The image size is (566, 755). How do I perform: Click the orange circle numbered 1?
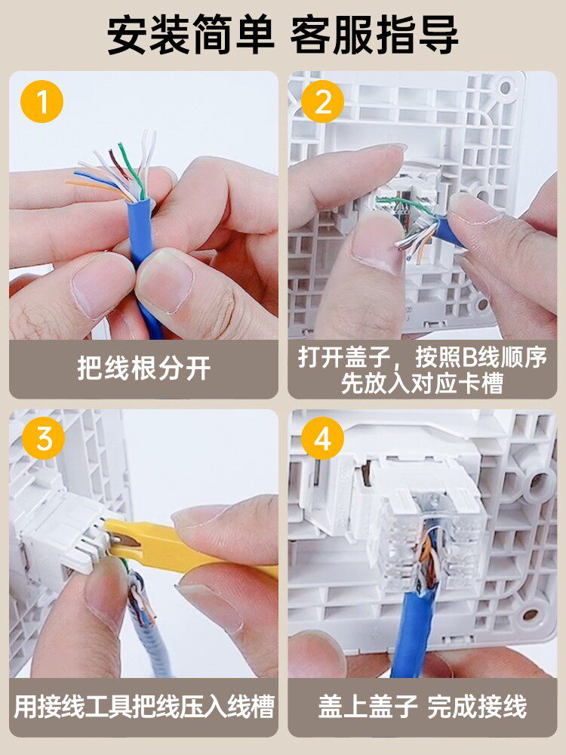tap(42, 102)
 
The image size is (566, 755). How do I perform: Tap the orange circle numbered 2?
tap(322, 102)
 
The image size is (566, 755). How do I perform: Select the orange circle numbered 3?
tap(43, 438)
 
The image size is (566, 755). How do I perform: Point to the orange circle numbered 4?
tap(322, 438)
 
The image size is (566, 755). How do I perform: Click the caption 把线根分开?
tap(144, 369)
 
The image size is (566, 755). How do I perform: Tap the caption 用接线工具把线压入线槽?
tap(144, 707)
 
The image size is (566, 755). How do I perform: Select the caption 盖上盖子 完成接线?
tap(423, 707)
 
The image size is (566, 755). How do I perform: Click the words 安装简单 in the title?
tap(191, 35)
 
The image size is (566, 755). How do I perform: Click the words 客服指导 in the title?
tap(374, 35)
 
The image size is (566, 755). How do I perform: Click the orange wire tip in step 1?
tap(68, 182)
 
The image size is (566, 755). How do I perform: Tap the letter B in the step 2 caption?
tap(470, 358)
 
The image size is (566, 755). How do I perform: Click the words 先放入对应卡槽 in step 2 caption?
tap(423, 384)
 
